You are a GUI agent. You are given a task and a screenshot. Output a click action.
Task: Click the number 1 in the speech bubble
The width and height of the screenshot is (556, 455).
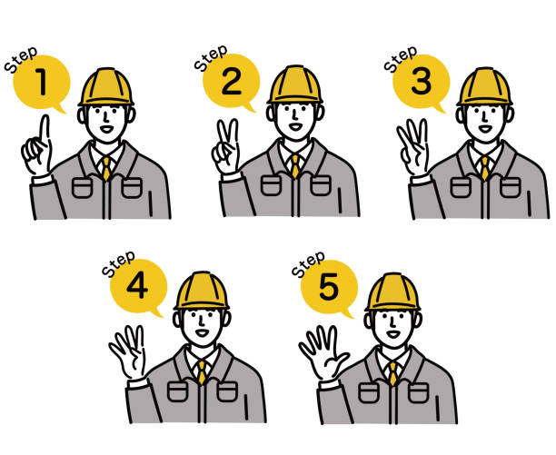tap(42, 82)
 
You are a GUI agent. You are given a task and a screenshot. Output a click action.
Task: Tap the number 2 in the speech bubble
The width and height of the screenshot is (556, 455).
tap(232, 82)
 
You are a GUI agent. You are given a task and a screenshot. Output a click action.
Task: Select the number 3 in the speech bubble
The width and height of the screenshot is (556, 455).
tap(422, 82)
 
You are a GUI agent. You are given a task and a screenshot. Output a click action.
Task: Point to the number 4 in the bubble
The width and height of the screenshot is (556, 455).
tap(137, 286)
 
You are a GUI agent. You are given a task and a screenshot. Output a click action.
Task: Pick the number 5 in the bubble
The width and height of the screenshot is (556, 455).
tap(329, 287)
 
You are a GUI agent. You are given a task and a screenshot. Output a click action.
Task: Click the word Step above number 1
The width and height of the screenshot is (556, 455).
tap(21, 60)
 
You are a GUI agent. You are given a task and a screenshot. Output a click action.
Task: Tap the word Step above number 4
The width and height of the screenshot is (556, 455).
tap(118, 263)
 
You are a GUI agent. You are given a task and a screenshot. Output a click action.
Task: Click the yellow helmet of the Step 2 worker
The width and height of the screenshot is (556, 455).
tap(295, 84)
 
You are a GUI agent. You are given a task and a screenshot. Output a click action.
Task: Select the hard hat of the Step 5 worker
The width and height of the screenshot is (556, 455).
tap(392, 292)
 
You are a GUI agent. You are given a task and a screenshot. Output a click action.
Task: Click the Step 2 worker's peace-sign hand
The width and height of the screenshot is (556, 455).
tap(226, 147)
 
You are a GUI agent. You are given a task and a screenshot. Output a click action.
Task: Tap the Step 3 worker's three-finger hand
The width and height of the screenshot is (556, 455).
tap(413, 147)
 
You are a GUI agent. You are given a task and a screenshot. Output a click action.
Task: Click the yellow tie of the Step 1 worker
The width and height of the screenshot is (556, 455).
tap(106, 168)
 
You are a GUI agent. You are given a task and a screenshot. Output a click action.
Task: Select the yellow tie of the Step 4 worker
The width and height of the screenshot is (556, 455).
tap(202, 372)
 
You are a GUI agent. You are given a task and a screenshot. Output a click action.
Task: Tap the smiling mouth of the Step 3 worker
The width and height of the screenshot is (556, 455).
tap(485, 128)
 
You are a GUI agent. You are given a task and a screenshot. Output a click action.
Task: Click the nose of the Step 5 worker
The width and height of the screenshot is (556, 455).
tap(392, 321)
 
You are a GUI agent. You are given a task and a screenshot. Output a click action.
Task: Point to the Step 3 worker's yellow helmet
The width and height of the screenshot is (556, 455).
tap(485, 86)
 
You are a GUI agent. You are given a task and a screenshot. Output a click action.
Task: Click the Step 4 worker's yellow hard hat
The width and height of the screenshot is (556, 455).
tap(202, 291)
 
